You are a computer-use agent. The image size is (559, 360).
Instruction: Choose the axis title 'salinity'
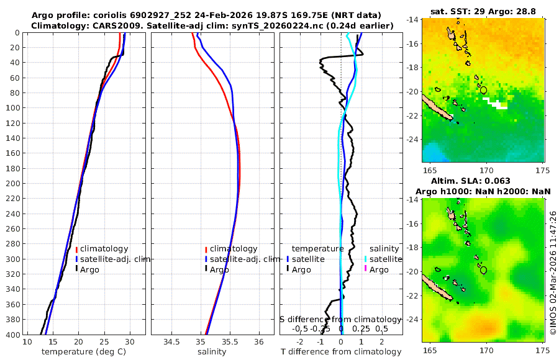click(x=211, y=352)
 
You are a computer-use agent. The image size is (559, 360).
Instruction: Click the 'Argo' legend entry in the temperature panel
click(x=89, y=269)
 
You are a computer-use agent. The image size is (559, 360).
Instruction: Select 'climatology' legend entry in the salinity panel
click(x=233, y=249)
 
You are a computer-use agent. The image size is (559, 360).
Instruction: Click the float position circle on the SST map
click(x=484, y=90)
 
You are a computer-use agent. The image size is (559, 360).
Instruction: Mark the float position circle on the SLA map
click(x=484, y=270)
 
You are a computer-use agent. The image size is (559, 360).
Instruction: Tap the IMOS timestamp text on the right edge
click(x=553, y=274)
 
